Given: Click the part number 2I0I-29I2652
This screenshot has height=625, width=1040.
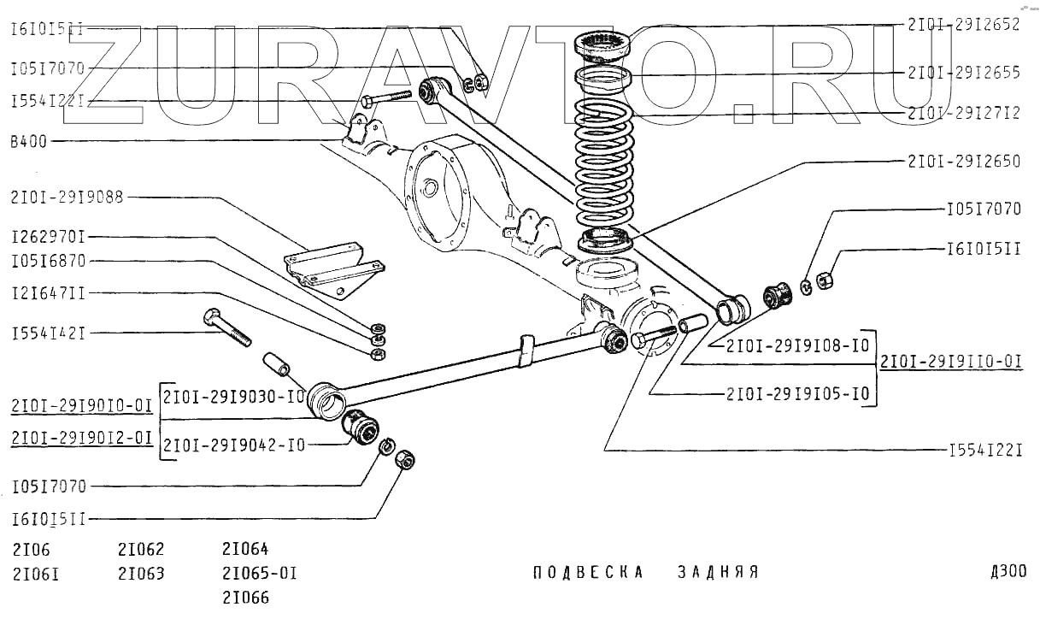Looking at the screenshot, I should [x=964, y=26].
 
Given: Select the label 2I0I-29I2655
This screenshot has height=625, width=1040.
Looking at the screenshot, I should [x=964, y=73].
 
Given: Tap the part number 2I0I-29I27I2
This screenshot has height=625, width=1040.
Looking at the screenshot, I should [x=964, y=112].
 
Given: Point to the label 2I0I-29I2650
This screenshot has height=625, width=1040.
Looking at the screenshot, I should [x=964, y=161].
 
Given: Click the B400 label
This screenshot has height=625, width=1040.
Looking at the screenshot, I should [x=28, y=142].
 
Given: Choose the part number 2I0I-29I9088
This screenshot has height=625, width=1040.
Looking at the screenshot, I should [x=68, y=198].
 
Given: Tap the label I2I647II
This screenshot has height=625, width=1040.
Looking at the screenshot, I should [x=48, y=293].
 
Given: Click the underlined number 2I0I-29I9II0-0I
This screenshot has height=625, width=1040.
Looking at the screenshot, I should [x=951, y=362].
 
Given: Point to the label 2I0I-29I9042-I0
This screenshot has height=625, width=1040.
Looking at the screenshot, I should [x=234, y=445].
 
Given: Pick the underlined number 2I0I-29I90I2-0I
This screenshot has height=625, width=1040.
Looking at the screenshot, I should [x=82, y=438].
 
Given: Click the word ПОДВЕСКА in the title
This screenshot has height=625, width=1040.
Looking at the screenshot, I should [x=588, y=572].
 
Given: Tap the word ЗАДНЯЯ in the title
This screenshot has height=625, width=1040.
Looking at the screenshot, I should [x=719, y=572].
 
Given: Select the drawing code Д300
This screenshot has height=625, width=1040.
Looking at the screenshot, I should [x=1008, y=572].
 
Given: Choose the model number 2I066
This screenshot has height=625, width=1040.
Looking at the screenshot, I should [x=245, y=598].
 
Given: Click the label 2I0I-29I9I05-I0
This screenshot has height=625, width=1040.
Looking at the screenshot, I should [x=797, y=394].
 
